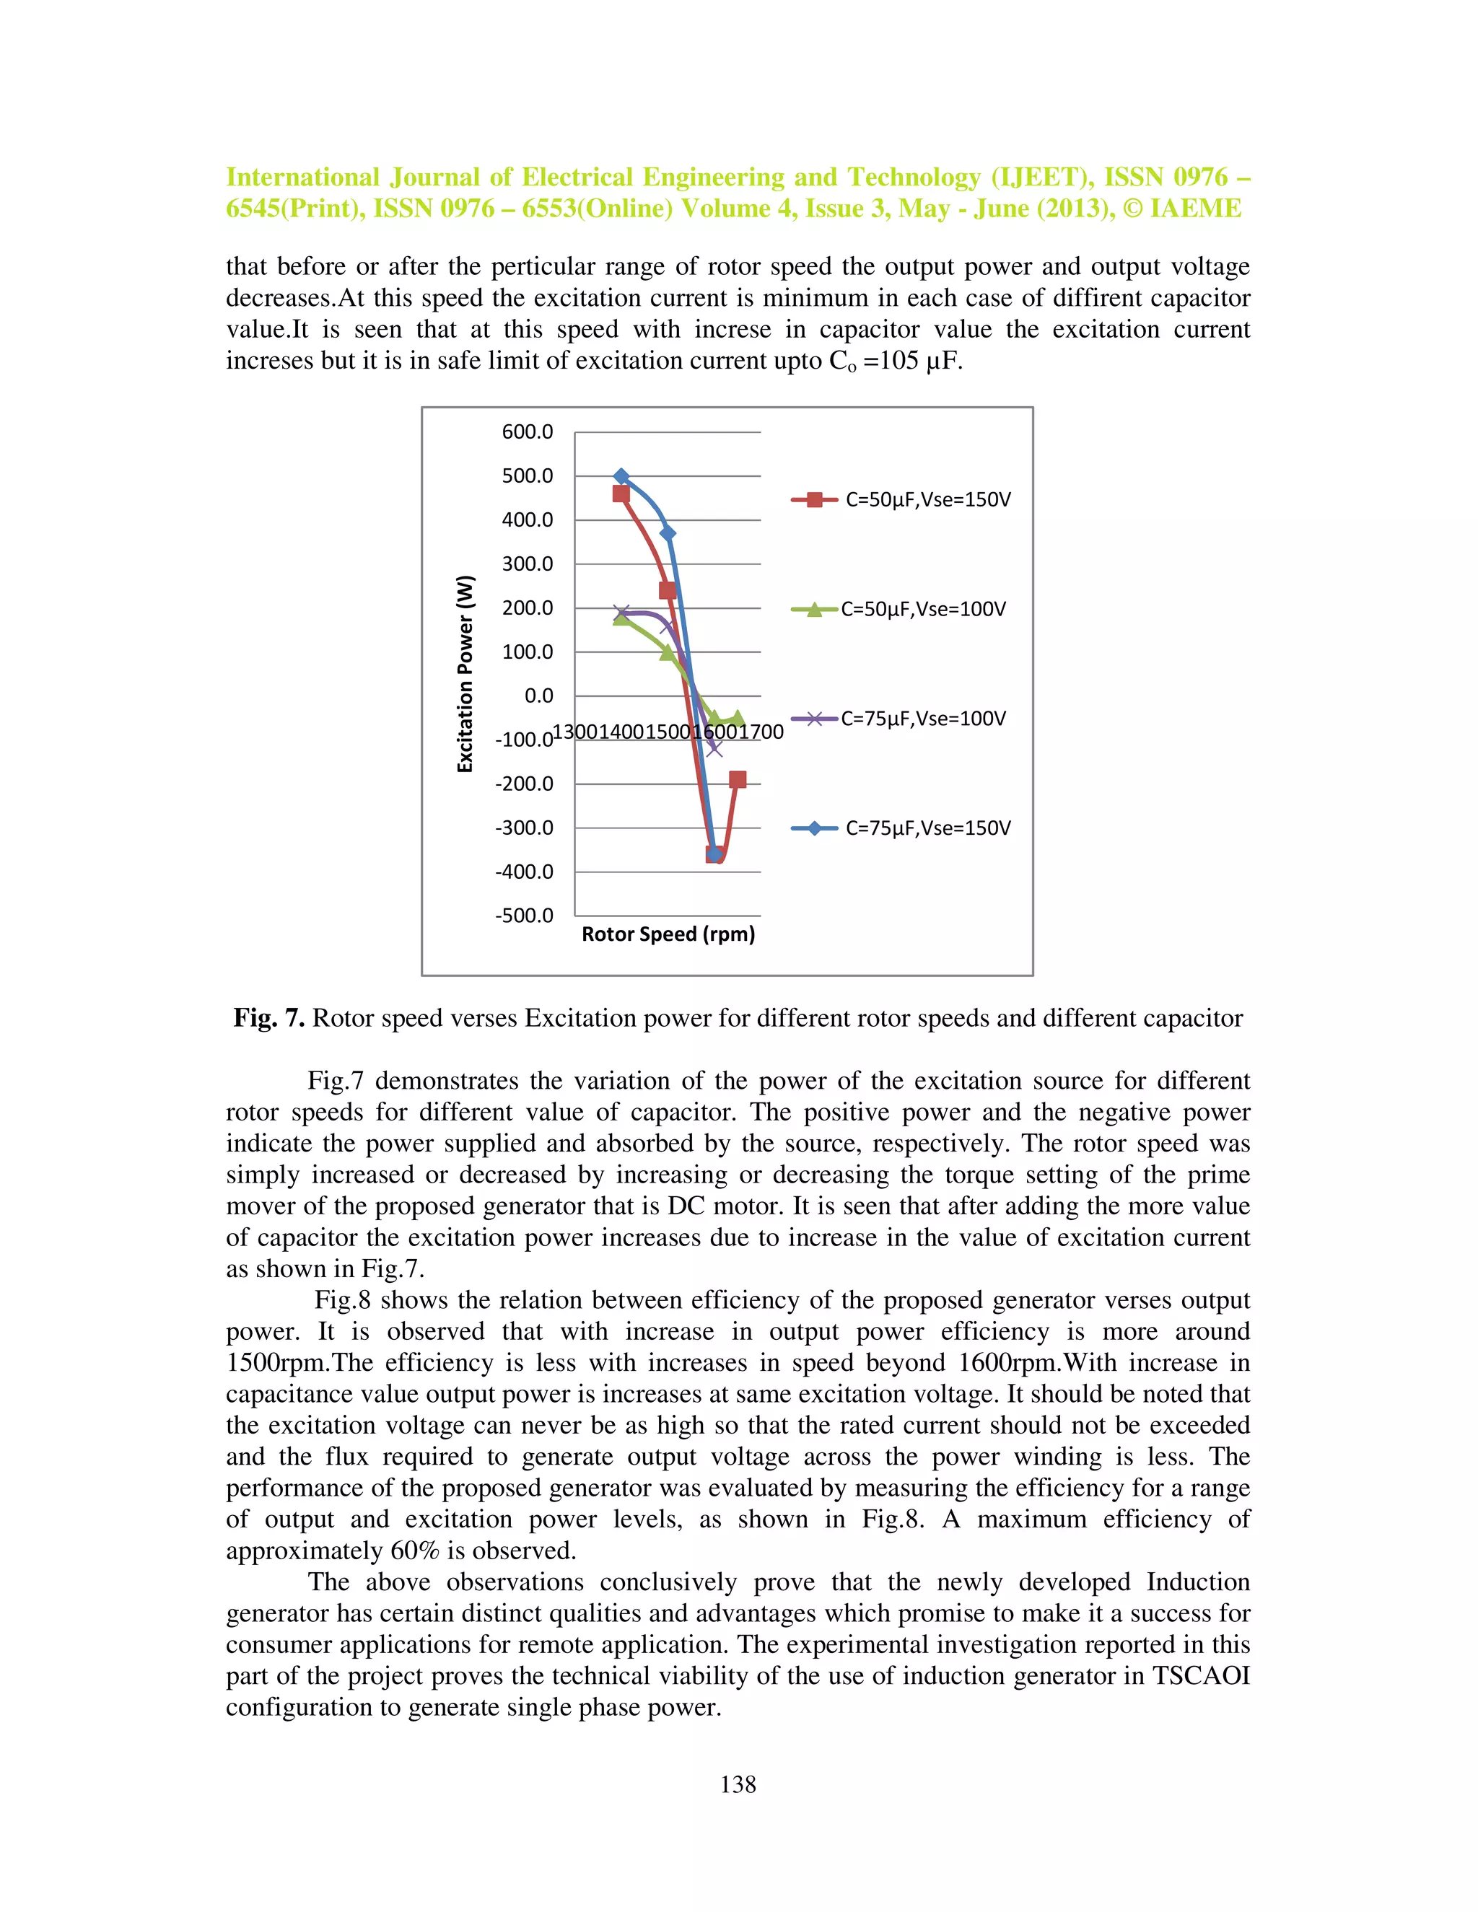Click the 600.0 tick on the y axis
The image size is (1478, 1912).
tap(527, 431)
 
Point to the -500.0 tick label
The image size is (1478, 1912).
tap(524, 916)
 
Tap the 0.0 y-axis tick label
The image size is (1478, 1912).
tap(538, 696)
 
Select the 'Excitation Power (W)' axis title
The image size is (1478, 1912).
tap(465, 673)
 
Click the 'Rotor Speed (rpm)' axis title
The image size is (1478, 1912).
tap(668, 934)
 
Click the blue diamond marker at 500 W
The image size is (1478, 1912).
tap(621, 476)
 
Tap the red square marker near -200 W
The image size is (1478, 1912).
tap(738, 779)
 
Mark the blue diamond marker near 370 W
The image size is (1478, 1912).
tap(668, 532)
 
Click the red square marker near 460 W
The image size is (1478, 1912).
tap(621, 494)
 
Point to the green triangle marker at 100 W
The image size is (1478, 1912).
tap(668, 652)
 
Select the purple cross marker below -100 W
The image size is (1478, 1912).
tap(714, 748)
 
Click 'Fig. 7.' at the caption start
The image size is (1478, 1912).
tap(268, 1018)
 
